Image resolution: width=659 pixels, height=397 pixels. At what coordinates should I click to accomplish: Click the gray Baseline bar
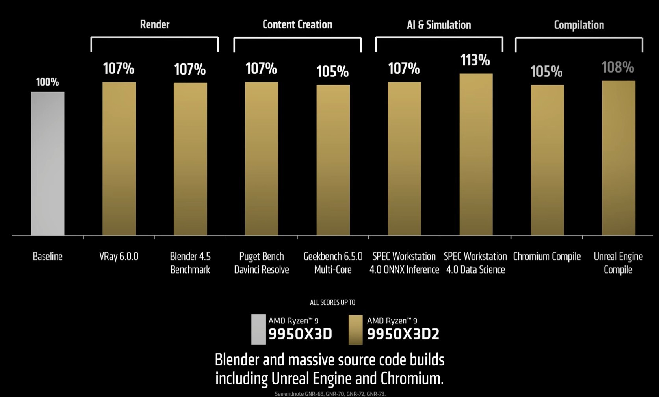tap(48, 164)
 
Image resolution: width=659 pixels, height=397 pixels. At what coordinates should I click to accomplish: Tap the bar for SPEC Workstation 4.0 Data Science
tap(476, 154)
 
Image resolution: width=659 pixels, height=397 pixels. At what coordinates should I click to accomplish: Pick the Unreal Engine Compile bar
tap(618, 158)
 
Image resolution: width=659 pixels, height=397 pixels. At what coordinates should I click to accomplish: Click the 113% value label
tap(475, 60)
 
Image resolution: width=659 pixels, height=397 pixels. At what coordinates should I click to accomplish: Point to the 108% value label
tap(618, 67)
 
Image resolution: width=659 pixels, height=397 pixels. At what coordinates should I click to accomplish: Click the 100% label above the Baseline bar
tap(47, 82)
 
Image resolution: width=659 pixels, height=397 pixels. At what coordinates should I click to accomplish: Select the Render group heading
tap(155, 24)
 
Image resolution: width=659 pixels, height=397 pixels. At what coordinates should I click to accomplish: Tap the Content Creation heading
tap(297, 24)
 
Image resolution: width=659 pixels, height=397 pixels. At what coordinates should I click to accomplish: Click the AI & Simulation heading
tap(439, 25)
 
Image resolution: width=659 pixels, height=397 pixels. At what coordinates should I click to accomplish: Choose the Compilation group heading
tap(579, 25)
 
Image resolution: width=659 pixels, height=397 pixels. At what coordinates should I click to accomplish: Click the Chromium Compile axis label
tap(547, 257)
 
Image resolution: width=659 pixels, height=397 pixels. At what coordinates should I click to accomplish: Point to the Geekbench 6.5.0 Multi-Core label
tap(333, 263)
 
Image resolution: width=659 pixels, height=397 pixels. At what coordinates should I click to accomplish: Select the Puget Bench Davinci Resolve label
tap(262, 263)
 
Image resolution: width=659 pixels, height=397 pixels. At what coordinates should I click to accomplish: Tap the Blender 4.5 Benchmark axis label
tap(190, 263)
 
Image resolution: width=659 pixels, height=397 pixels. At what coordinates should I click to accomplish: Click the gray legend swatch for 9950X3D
tap(258, 329)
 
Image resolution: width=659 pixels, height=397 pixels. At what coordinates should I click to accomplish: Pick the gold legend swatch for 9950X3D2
tap(355, 330)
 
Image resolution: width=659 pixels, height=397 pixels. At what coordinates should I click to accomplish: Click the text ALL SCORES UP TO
tap(332, 302)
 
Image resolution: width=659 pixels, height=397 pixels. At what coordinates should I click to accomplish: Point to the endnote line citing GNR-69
tap(330, 393)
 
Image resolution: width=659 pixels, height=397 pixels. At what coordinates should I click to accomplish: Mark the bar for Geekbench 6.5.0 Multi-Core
tap(333, 160)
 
